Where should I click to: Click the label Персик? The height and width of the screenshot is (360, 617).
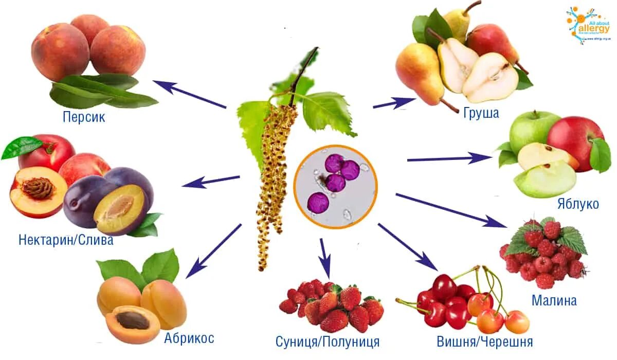(84, 117)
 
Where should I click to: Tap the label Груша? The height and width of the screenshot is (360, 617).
(481, 113)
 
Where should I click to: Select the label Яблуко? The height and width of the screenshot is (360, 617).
(578, 204)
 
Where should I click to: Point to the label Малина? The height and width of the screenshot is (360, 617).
(554, 300)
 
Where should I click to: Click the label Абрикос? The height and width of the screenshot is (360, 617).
(189, 338)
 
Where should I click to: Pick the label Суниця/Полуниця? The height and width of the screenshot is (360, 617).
(328, 341)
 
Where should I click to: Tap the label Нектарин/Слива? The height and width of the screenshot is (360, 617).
(66, 240)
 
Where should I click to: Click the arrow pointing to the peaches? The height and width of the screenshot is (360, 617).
(190, 94)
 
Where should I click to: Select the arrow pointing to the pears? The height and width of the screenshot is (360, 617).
(394, 103)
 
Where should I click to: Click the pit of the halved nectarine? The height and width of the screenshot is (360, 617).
(38, 188)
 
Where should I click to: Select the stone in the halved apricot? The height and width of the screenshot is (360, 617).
(133, 320)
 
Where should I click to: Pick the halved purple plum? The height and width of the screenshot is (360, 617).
(120, 207)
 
